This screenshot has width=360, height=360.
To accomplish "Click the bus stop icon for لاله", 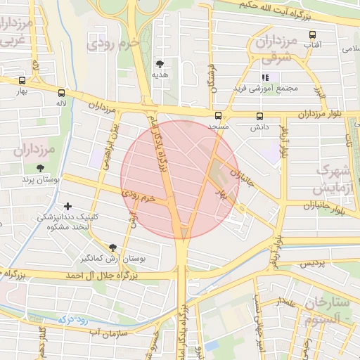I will (62, 92).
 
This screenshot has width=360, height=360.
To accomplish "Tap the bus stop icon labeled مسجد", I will (217, 115).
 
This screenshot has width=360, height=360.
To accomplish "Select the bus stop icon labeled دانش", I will (259, 116).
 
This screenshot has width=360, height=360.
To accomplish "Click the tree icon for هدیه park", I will (160, 63).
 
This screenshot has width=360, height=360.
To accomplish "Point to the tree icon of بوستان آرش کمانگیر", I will (112, 247).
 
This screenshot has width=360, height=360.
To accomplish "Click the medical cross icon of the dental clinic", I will (67, 206).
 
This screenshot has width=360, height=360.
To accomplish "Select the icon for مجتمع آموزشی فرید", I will (266, 77).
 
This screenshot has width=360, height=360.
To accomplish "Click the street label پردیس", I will (314, 263).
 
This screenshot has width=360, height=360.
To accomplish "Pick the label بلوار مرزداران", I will (316, 114).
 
